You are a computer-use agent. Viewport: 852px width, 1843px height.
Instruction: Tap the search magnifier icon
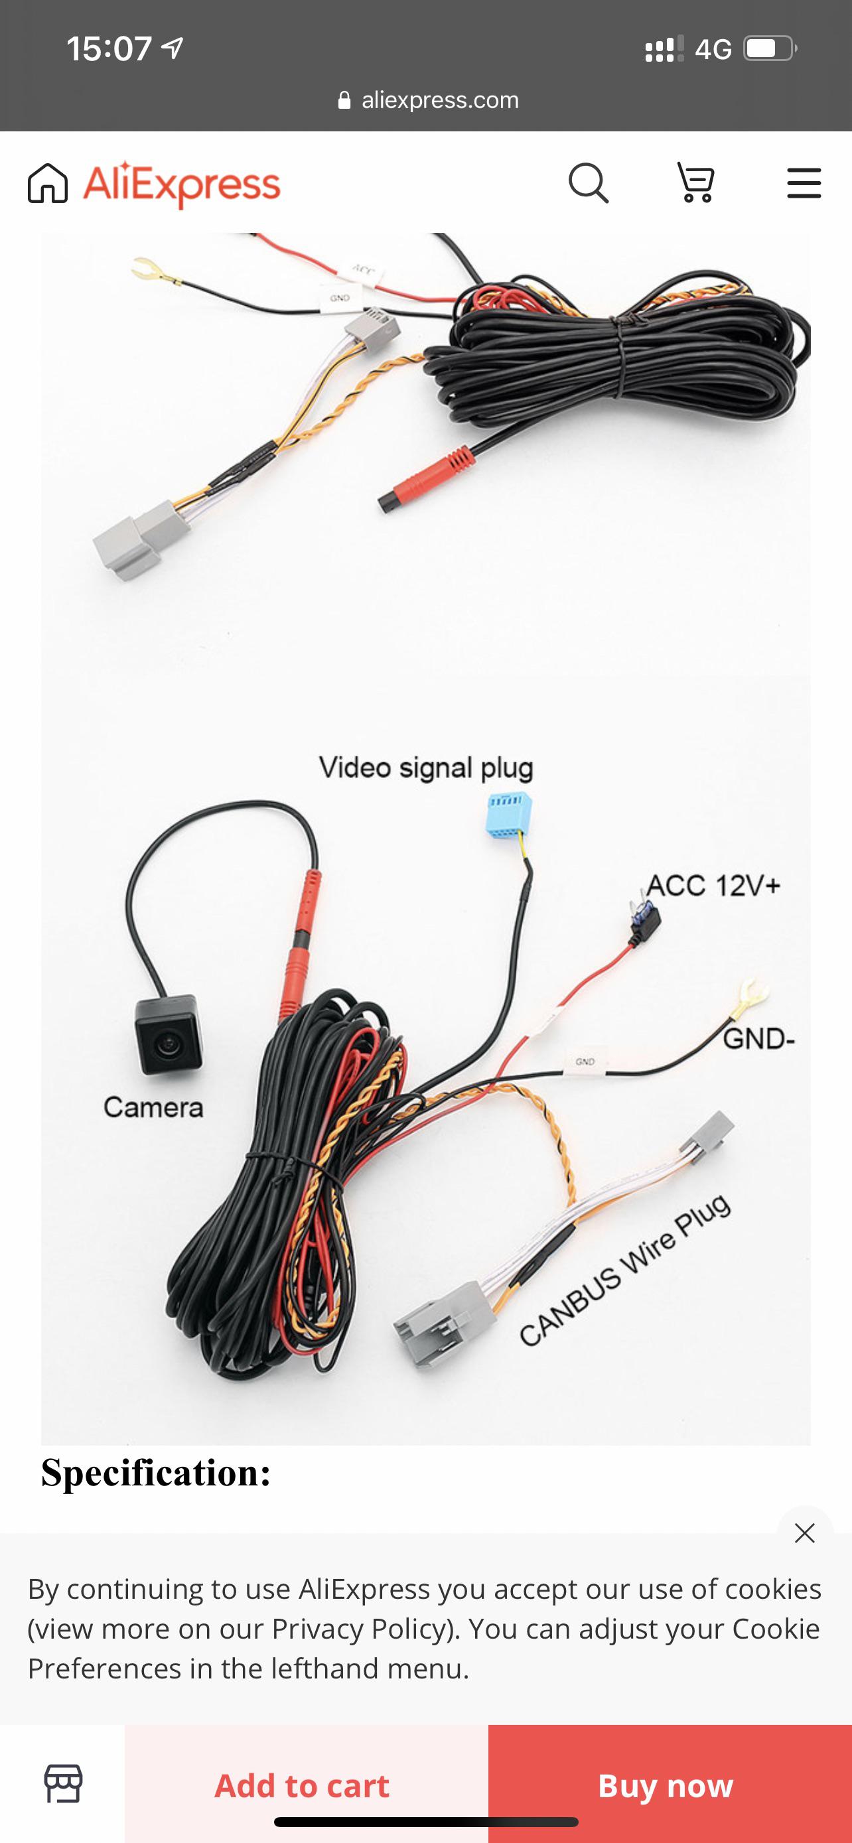pos(588,184)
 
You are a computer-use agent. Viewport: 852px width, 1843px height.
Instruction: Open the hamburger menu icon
pos(804,183)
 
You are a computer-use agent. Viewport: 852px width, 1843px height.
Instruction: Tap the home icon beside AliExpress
pos(48,183)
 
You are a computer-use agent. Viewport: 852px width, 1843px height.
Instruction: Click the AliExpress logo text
pos(182,184)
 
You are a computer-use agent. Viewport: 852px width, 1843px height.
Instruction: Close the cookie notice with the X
pos(804,1533)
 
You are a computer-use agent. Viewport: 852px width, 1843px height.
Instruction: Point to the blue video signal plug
pos(507,816)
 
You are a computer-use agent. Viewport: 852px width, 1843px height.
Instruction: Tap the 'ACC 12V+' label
pos(713,885)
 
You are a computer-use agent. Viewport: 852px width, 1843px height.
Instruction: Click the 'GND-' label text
pos(758,1038)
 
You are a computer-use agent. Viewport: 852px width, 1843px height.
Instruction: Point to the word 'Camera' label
pos(153,1107)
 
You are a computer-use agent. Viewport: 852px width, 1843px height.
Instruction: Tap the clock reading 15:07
pos(109,48)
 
